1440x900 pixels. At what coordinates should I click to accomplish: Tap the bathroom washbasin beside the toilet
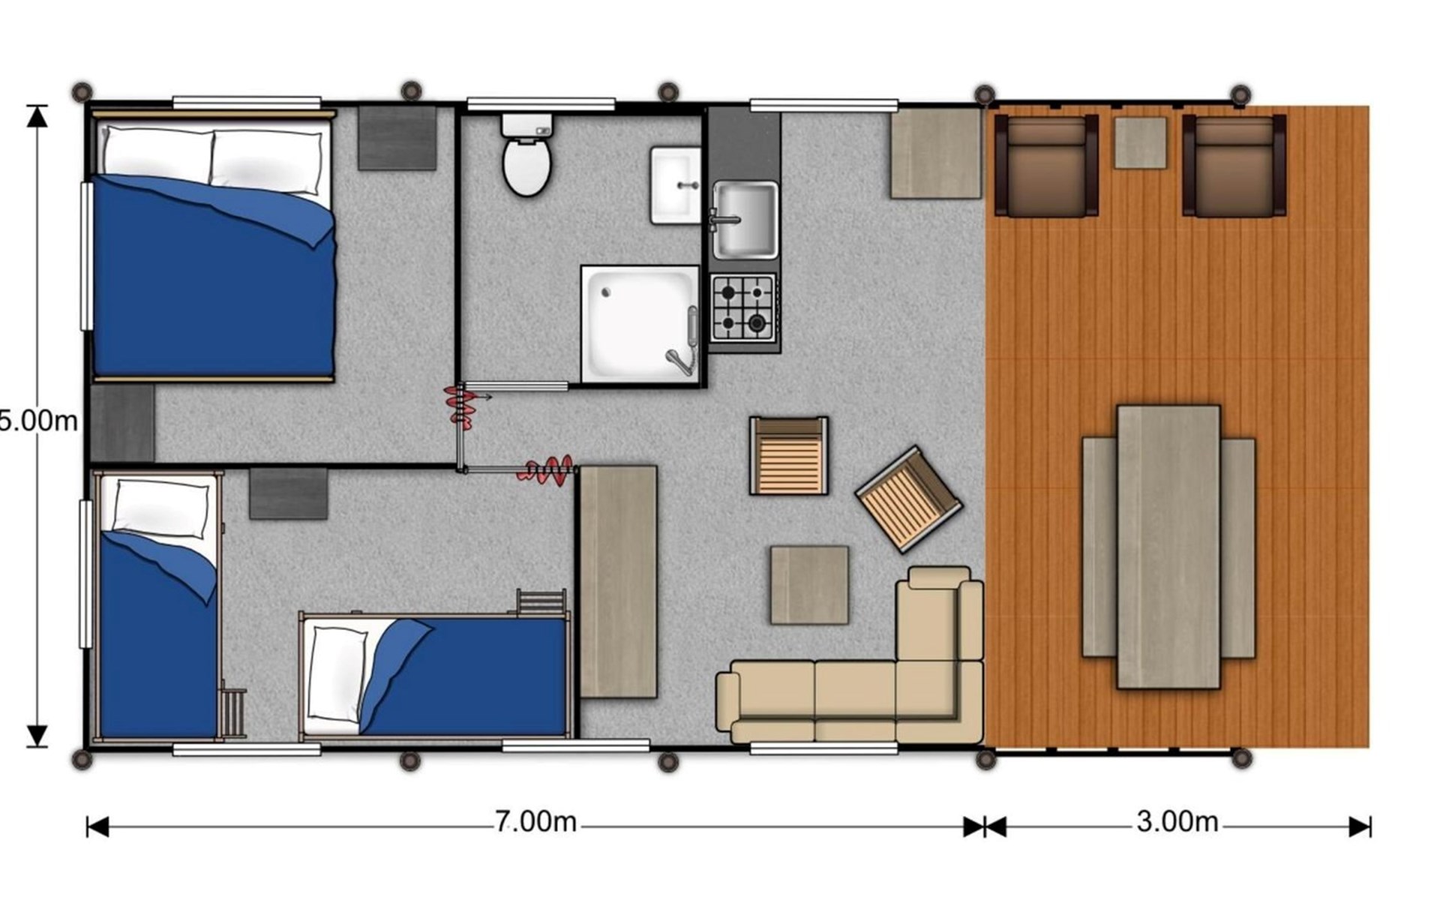[675, 185]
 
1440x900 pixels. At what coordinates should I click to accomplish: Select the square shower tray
[640, 324]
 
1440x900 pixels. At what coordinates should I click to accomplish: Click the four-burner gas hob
[742, 308]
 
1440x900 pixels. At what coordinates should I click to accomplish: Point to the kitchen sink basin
[745, 219]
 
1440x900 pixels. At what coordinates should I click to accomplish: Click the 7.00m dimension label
[535, 822]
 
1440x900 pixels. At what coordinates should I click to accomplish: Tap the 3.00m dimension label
[1177, 822]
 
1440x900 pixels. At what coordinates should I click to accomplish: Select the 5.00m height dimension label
[37, 421]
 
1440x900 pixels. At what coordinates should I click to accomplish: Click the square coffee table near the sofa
[809, 585]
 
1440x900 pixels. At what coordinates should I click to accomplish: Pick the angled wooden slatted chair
[908, 499]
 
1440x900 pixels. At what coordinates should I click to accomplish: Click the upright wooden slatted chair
[789, 456]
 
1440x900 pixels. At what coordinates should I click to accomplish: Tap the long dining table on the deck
[1168, 547]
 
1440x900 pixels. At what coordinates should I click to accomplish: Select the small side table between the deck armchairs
[1140, 142]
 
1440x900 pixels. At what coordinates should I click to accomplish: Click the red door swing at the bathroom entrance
[459, 406]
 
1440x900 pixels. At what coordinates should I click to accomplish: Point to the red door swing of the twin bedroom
[550, 470]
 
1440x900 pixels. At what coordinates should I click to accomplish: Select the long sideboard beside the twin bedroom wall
[619, 581]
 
